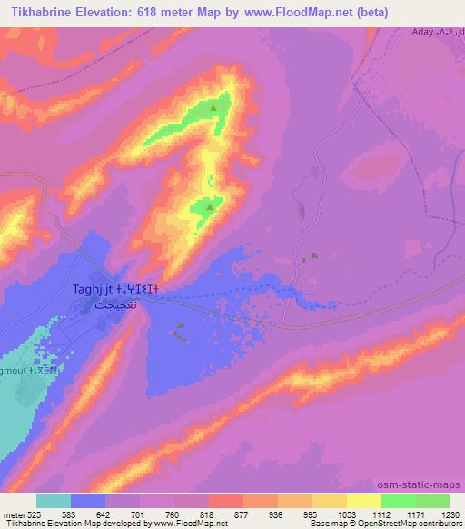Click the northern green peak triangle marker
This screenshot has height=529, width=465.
pyautogui.click(x=213, y=107)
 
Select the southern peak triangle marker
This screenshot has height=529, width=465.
pyautogui.click(x=210, y=207)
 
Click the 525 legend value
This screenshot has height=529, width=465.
pyautogui.click(x=36, y=513)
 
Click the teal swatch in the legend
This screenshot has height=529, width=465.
pyautogui.click(x=54, y=500)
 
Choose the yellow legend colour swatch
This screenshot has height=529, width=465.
pyautogui.click(x=364, y=500)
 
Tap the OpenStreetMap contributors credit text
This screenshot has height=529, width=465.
pyautogui.click(x=404, y=524)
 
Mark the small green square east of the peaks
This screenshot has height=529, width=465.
pyautogui.click(x=315, y=256)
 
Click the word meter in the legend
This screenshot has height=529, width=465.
pyautogui.click(x=14, y=513)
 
